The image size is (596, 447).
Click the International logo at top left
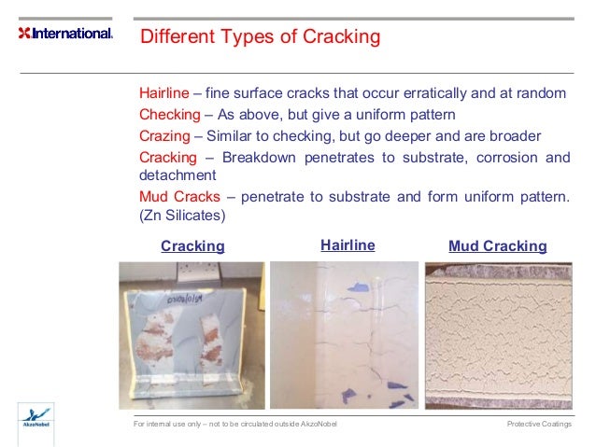[x=64, y=34]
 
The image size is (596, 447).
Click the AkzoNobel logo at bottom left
[x=36, y=418]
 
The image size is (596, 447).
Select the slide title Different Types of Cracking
[x=260, y=37]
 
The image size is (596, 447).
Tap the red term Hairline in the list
[x=163, y=94]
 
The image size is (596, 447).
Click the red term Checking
[x=169, y=115]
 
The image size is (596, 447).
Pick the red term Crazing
[x=165, y=135]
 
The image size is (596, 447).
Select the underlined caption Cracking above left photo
[x=192, y=246]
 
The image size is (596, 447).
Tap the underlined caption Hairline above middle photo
[x=348, y=245]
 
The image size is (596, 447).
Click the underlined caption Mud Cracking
[x=497, y=246]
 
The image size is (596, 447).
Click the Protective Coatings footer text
[x=539, y=425]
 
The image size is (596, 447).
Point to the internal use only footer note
[x=235, y=425]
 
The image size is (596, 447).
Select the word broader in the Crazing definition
[x=515, y=135]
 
